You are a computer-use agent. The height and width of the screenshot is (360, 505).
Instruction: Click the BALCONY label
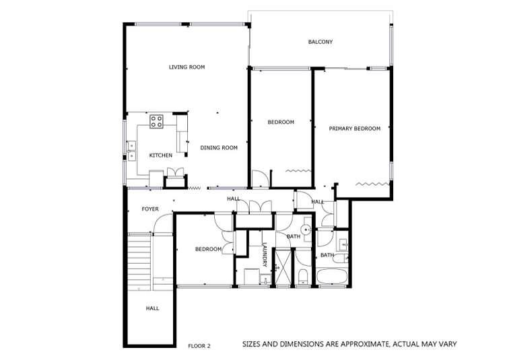point(320,42)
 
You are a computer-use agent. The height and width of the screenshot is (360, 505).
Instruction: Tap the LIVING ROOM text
point(187,67)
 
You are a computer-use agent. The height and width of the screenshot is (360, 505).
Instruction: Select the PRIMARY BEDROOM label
point(354,129)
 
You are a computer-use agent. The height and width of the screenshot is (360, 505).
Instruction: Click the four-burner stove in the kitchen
point(156,122)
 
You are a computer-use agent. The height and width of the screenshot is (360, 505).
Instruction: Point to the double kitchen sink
point(131,145)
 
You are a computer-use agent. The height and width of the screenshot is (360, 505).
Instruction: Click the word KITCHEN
point(160,155)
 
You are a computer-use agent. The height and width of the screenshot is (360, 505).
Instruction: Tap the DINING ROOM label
point(219,148)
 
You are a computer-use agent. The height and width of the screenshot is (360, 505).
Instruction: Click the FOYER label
point(149,209)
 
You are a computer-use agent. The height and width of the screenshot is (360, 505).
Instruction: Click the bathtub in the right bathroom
point(333,277)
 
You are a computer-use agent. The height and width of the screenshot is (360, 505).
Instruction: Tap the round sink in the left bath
point(306,229)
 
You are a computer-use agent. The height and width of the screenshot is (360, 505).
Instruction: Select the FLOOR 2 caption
point(199,346)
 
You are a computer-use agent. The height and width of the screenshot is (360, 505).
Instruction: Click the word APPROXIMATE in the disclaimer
point(362,345)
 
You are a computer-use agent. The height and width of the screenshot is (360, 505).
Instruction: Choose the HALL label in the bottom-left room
point(152,309)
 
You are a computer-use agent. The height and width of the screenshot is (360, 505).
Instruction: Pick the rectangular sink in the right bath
point(343,243)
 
